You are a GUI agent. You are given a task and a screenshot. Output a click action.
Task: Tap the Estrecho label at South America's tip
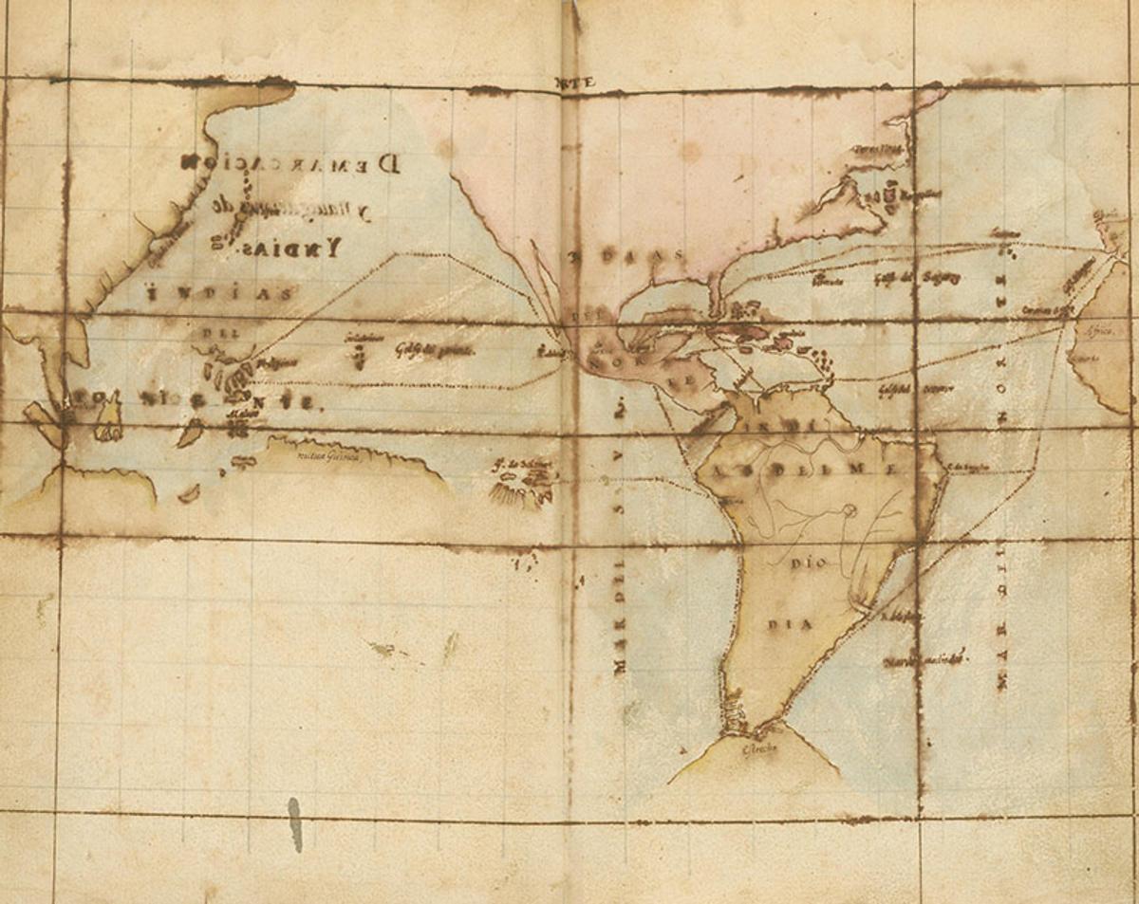[x=759, y=749]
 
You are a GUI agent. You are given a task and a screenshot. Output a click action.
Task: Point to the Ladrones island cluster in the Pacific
[x=358, y=353]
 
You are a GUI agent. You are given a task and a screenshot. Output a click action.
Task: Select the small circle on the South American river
[x=849, y=510]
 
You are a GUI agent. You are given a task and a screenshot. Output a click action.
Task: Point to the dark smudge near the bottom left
[x=294, y=822]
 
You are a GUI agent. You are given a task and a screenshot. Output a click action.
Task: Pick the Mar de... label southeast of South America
[x=925, y=657]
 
